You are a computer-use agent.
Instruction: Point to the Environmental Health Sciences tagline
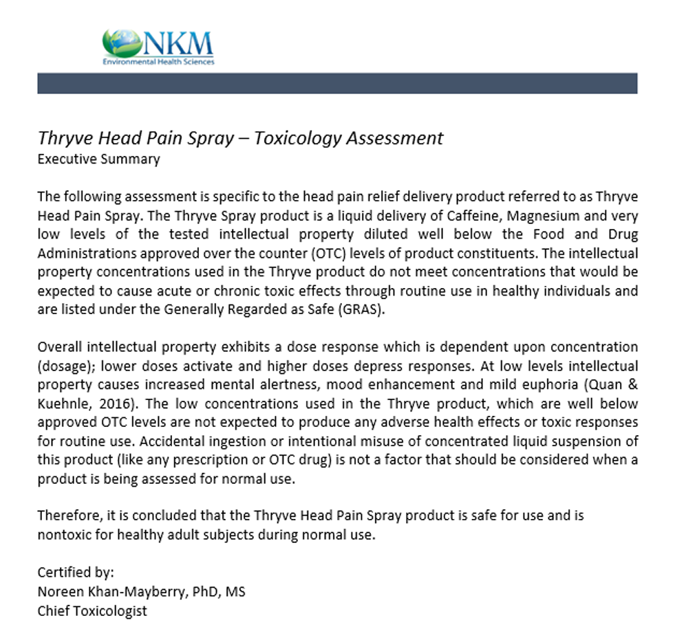pos(158,62)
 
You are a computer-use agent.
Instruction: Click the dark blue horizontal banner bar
pos(337,83)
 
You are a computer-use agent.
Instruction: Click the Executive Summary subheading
pos(98,159)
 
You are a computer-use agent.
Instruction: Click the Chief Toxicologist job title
pos(92,610)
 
